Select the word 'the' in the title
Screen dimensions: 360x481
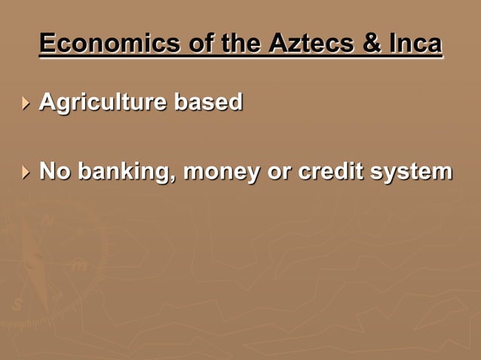[x=237, y=44]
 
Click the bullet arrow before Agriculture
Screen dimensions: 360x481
[x=27, y=102]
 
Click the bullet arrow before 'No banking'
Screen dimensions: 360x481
[x=27, y=172]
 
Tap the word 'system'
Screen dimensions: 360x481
[x=411, y=172]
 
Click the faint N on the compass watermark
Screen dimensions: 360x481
[x=47, y=221]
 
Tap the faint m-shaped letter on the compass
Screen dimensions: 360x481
[x=79, y=265]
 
